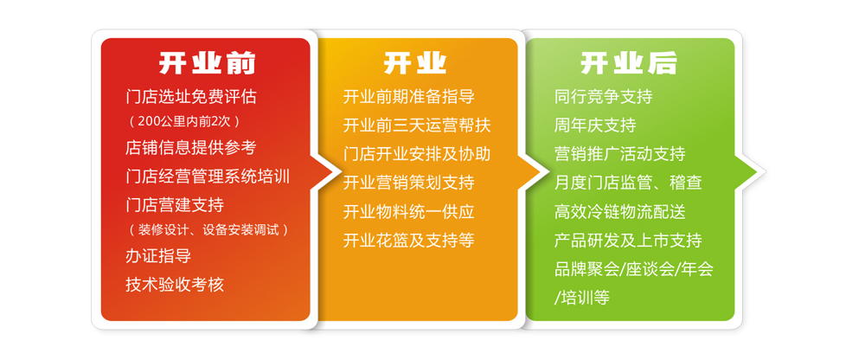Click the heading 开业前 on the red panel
207,63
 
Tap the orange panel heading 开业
415,63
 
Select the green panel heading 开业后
628,63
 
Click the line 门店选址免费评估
191,97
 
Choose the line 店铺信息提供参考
191,147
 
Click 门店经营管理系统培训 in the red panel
208,177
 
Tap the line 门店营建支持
175,205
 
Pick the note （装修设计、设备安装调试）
208,229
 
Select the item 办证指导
158,256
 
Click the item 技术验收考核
175,285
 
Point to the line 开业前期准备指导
409,97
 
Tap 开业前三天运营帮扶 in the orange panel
417,125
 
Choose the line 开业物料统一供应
409,211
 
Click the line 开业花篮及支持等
409,241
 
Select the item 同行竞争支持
604,97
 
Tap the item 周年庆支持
595,125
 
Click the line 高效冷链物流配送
620,211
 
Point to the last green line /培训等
582,299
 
